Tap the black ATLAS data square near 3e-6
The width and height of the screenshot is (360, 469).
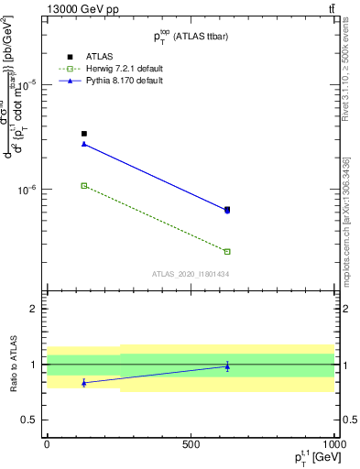(84, 134)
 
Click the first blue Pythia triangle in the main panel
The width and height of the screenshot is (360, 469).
(84, 144)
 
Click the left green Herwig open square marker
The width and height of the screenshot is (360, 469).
(84, 185)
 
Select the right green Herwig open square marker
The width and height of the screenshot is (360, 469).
(227, 251)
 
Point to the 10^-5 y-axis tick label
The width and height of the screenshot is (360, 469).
(27, 84)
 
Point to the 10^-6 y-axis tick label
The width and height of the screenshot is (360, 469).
(27, 191)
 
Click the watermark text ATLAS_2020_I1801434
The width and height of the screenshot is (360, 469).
(190, 274)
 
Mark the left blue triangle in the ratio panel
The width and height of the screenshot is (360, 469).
(84, 383)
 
